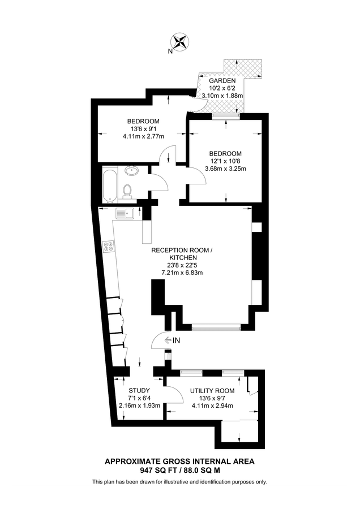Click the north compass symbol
(x=180, y=42)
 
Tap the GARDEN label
(x=222, y=81)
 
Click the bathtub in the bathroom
(x=109, y=184)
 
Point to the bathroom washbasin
(x=132, y=170)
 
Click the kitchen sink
(x=124, y=213)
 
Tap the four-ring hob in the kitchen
(x=108, y=247)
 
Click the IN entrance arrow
(x=172, y=340)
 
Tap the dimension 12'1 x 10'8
(x=225, y=161)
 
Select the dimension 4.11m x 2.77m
(x=143, y=136)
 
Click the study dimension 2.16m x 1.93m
(x=139, y=406)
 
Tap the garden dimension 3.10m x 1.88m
(x=222, y=96)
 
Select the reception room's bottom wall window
(x=216, y=326)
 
